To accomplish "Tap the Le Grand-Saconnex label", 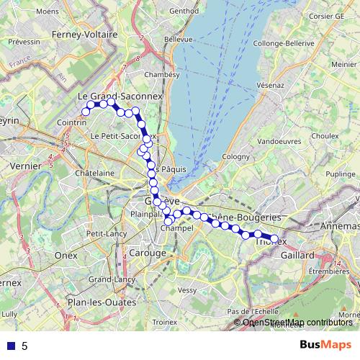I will coord(120,95).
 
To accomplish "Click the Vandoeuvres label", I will coord(279,142).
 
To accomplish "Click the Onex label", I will coord(66,256).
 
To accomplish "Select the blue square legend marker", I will coord(12,346).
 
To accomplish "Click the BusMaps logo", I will coord(324,345).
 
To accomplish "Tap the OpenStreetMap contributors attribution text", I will coord(297,323).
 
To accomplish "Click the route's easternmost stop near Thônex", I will coord(274,239).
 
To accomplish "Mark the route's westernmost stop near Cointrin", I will coord(85,111).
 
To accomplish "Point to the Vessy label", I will coord(186,290).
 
